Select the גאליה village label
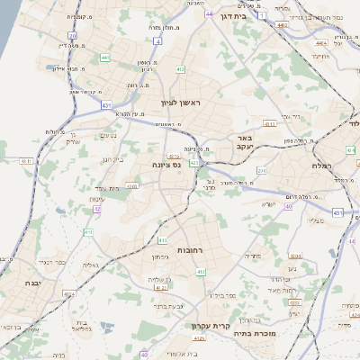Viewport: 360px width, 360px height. [91, 266]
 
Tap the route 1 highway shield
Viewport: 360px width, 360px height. [260, 14]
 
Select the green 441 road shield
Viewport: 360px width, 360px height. [104, 58]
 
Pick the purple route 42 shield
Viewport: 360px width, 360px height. [95, 209]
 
